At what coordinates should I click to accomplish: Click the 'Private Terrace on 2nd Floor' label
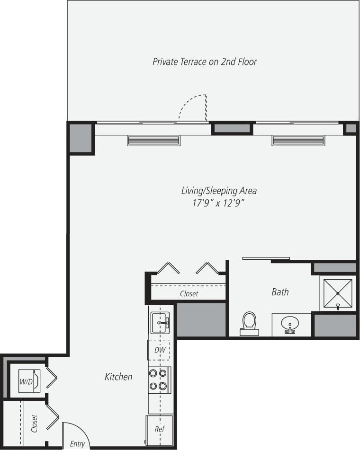coord(205,62)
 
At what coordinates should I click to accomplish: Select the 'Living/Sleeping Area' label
coord(219,191)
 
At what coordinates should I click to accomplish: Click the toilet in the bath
coord(249,323)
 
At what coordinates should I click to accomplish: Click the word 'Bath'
coord(280,292)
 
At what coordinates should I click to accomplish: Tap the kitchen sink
coord(160,323)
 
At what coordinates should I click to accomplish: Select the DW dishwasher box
coord(159,350)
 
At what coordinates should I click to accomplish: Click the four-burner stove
coord(159,379)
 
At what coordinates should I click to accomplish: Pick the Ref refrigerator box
coord(159,430)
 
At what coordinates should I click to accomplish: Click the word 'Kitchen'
coord(118,377)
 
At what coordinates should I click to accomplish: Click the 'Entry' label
coord(77,444)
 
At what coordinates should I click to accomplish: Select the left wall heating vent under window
coord(153,141)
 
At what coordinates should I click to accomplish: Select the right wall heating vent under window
coord(298,141)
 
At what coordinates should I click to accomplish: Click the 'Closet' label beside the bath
coord(189,294)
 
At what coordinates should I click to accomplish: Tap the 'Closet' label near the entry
coord(34,423)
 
